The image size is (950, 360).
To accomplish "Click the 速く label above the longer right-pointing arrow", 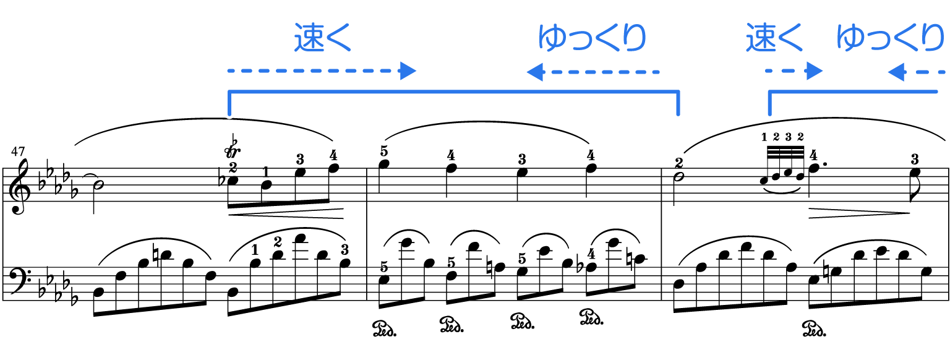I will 322,38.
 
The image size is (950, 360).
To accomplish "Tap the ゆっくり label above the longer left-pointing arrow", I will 591,38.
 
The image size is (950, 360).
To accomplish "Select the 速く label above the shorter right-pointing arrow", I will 774,38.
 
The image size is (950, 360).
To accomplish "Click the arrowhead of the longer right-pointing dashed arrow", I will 408,71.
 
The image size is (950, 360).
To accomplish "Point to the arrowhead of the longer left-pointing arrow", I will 534,72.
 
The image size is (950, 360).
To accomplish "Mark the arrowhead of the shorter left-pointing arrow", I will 896,72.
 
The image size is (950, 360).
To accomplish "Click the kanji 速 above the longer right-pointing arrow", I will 307,38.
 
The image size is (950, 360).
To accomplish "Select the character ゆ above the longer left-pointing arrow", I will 550,38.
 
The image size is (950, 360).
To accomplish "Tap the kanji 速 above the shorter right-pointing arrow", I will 759,38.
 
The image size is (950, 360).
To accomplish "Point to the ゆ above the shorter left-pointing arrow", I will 849,38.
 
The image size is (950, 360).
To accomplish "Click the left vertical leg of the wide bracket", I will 229,104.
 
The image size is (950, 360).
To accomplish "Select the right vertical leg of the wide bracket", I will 678,104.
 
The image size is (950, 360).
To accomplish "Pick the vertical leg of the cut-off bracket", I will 770,104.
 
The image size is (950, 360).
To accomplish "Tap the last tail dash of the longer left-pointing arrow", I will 656,72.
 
